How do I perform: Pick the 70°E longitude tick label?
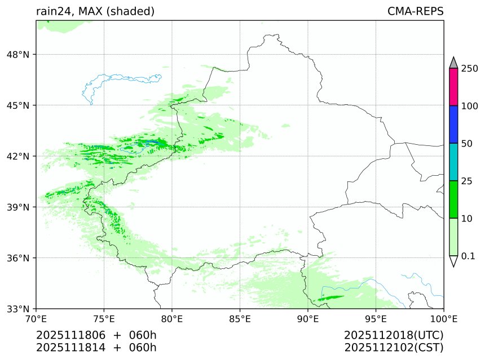coord(36,319)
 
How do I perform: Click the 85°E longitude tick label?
coord(240,319)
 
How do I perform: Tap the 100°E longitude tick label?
coord(444,319)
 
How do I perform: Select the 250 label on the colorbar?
coord(470,68)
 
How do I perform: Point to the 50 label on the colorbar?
coord(467,144)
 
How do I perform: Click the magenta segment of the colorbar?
coord(453,87)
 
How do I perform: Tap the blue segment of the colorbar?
coord(453,125)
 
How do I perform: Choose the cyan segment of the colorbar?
coord(453,162)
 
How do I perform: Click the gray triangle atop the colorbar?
coord(453,63)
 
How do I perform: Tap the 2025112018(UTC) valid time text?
coord(394,336)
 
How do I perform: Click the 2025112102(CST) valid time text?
coord(394,348)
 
